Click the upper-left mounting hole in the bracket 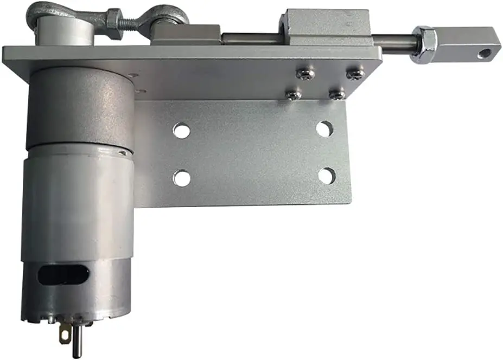[x=182, y=131]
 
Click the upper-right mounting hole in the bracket [x=324, y=129]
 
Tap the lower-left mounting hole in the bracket [x=182, y=178]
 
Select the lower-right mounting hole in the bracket [x=327, y=176]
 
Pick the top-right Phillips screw [x=355, y=73]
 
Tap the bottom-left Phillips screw [x=294, y=95]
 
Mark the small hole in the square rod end [x=483, y=54]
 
